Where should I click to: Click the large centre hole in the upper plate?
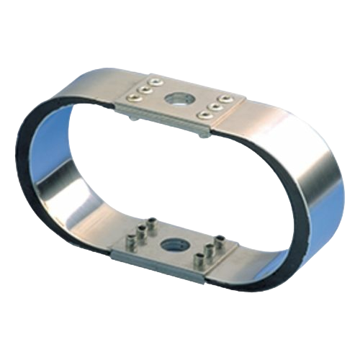[178, 99]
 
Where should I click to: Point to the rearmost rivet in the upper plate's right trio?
[225, 96]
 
